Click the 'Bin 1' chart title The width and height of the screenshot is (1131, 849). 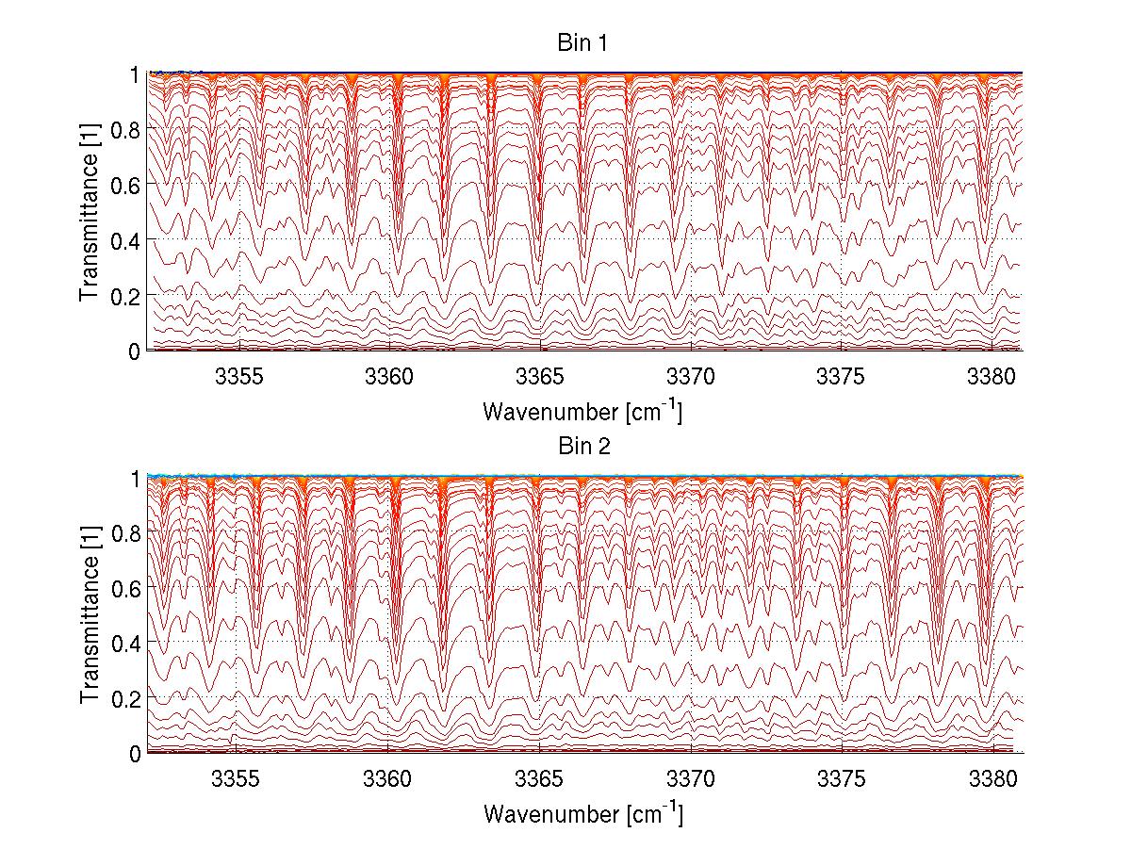coord(582,44)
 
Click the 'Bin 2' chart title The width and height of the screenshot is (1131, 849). coord(582,447)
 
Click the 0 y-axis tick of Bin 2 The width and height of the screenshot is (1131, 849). coord(136,753)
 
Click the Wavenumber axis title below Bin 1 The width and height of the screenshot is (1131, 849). coord(582,411)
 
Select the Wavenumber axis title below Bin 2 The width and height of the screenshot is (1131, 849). coord(582,813)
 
